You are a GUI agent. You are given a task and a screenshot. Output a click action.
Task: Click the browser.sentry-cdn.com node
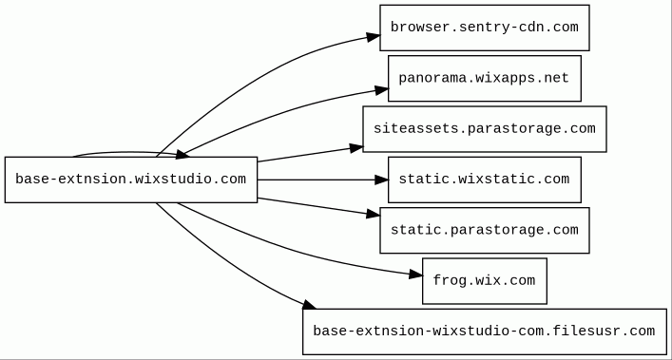(485, 28)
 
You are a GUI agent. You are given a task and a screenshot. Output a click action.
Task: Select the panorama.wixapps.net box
(485, 78)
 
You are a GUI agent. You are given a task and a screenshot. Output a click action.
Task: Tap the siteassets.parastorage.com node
(485, 129)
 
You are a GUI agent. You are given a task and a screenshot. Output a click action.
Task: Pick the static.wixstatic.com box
(485, 180)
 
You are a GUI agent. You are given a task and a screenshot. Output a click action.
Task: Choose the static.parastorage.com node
(485, 230)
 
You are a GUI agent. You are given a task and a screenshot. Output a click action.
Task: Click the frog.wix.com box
(485, 281)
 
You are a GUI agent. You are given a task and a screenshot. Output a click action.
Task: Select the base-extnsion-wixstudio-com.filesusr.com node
(485, 332)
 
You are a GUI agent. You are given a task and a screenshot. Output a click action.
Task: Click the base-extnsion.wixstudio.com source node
(131, 180)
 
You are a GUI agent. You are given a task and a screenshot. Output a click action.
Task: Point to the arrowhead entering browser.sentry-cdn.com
(374, 37)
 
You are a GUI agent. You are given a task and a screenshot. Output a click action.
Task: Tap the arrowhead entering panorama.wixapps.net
(382, 90)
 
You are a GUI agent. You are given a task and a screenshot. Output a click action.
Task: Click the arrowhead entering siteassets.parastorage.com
(356, 148)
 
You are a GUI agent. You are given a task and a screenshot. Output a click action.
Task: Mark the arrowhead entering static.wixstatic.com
(381, 180)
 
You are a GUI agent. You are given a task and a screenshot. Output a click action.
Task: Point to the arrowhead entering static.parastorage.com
(374, 214)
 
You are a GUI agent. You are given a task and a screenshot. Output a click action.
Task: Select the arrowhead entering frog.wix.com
(416, 275)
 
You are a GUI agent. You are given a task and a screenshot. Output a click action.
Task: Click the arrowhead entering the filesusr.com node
(310, 305)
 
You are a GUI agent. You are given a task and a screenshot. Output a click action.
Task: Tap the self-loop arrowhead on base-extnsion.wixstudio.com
(182, 155)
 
